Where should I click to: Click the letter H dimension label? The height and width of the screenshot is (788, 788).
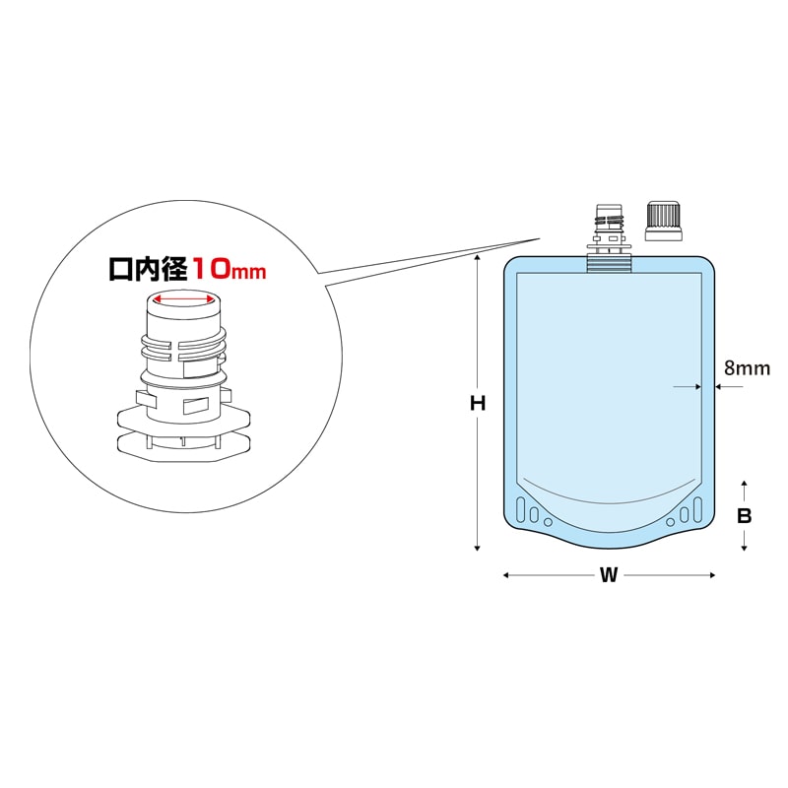pos(478,403)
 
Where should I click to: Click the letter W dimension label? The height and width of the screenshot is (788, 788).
pos(609,575)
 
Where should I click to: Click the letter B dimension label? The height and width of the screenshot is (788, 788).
pos(745,516)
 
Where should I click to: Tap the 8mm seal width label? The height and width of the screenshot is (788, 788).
pos(747,368)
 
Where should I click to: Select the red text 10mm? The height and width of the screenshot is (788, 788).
pos(230,269)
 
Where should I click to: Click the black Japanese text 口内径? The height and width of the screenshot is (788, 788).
pos(149,269)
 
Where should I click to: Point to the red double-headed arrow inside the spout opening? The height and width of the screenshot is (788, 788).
pos(184,300)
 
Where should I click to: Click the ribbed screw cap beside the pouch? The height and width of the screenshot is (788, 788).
pos(664,221)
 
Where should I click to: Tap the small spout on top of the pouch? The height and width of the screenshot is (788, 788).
pos(609,238)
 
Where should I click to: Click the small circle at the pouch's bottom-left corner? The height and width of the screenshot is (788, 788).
pos(549,523)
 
